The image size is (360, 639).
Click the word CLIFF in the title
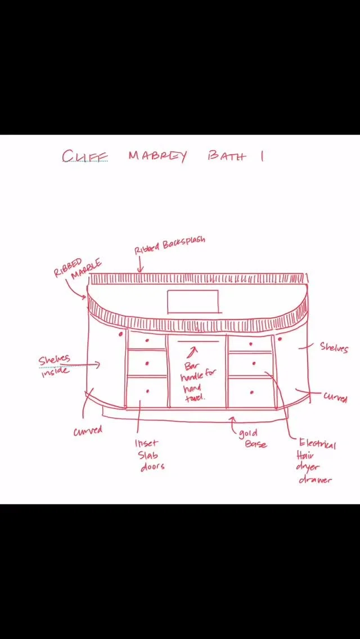85,156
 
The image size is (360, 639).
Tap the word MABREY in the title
157,156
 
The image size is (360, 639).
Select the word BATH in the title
226,156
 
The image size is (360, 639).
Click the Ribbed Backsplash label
170,245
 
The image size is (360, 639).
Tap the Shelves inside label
55,364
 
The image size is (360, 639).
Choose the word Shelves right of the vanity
334,347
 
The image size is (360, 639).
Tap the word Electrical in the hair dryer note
318,444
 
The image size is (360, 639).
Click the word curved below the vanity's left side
88,431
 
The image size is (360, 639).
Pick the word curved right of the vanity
335,397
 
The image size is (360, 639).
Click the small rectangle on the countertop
192,301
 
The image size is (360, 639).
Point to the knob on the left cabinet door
121,334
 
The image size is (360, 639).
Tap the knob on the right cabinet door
279,339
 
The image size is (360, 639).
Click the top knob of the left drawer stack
147,340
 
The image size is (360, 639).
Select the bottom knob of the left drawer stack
148,390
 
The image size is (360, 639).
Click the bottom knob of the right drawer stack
253,388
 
